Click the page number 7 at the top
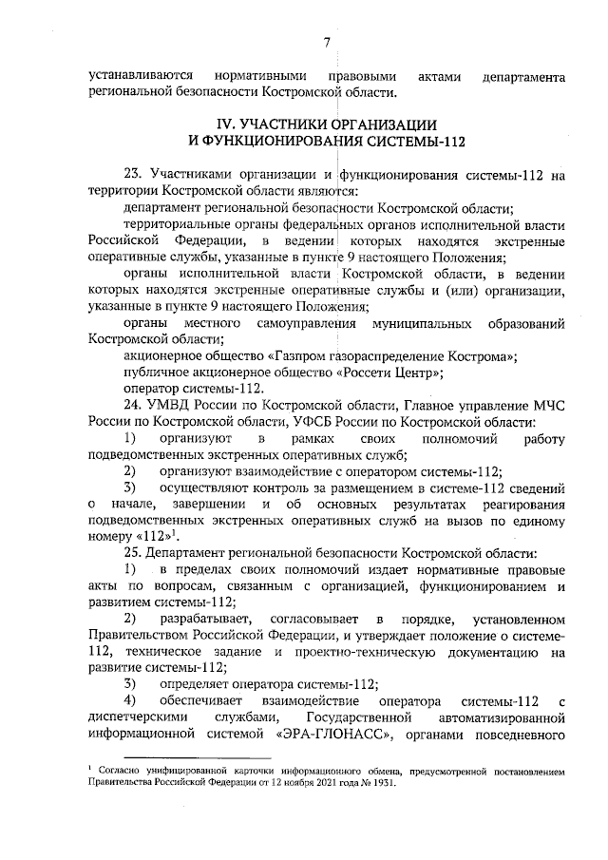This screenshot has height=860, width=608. [x=326, y=42]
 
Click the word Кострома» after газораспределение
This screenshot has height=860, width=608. [x=483, y=355]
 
